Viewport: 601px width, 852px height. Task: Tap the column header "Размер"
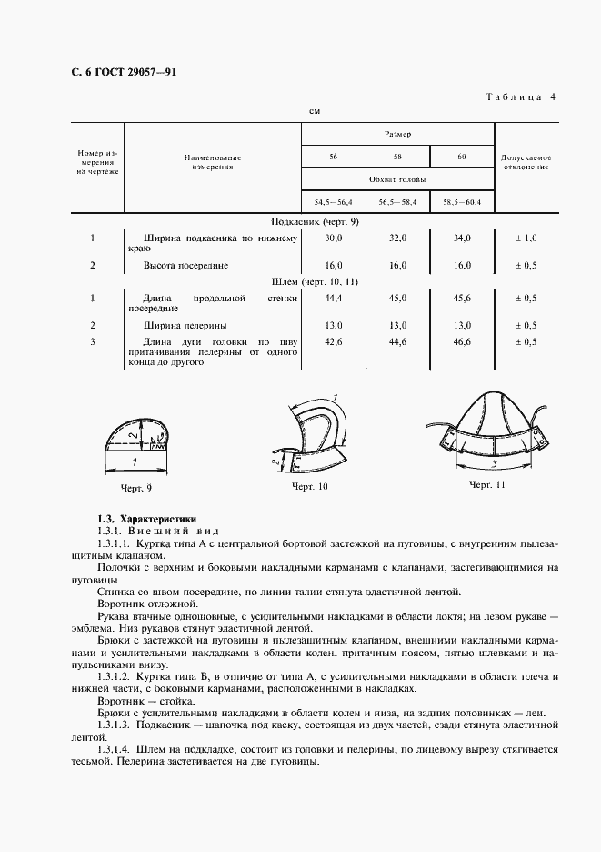396,133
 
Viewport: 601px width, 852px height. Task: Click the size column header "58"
396,157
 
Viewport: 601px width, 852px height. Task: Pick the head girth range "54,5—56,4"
333,201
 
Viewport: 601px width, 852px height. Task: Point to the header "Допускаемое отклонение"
526,162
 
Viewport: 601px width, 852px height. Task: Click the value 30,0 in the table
333,238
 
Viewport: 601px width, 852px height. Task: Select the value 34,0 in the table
462,238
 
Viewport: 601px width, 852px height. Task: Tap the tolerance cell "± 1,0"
526,238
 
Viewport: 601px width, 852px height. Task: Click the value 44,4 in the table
333,298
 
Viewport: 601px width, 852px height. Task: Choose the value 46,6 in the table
462,341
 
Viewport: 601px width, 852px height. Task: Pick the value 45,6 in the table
462,298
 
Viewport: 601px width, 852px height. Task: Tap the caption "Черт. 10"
309,488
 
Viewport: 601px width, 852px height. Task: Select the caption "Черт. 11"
486,485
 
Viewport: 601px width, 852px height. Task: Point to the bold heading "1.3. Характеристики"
145,518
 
